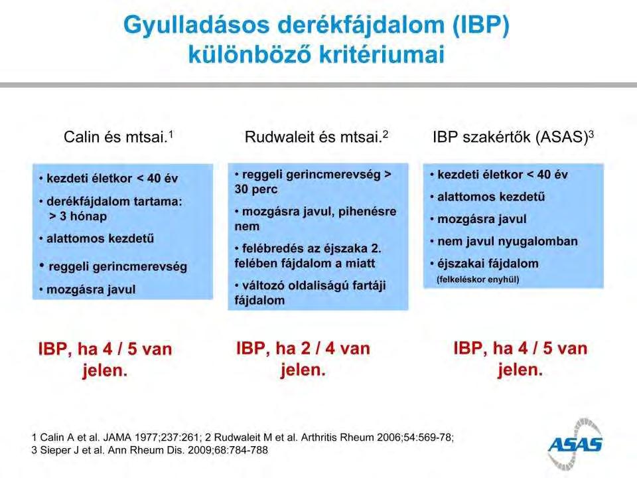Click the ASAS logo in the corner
(575, 444)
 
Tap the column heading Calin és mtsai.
(119, 137)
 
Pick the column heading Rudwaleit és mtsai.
(316, 137)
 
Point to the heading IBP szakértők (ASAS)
(513, 137)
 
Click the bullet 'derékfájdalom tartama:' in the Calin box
(114, 201)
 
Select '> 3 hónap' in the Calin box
(78, 216)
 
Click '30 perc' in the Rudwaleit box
(256, 189)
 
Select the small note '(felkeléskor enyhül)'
(478, 279)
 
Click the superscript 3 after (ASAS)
(591, 133)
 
